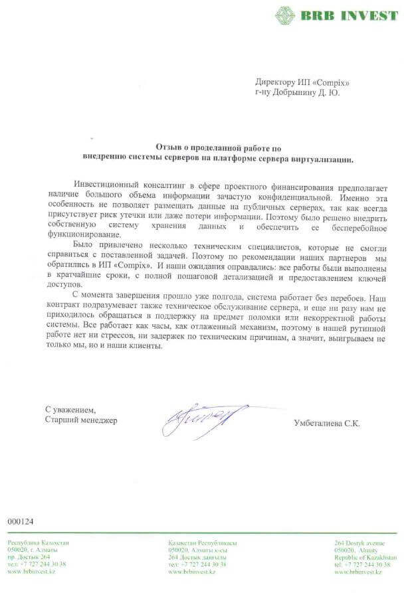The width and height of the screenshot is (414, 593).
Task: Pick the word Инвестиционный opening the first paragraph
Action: coord(106,183)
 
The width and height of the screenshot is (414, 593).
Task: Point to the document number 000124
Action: coord(21,521)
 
